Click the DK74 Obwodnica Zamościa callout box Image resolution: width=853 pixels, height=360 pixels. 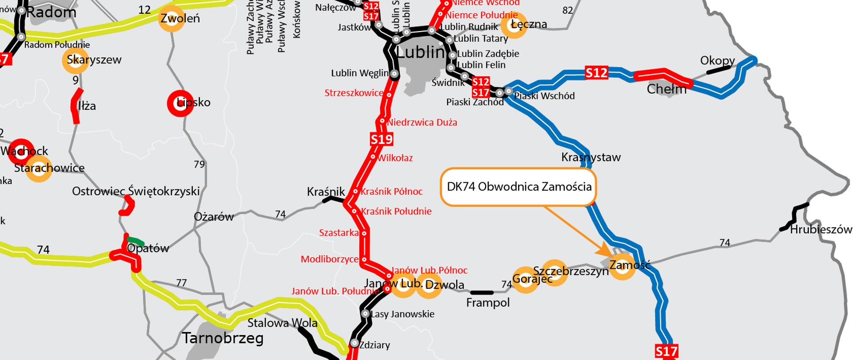518,187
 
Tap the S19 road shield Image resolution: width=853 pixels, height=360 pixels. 382,140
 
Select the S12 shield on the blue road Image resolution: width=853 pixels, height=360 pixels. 596,73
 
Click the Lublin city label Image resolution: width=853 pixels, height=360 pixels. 420,53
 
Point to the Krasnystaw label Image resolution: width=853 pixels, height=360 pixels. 590,157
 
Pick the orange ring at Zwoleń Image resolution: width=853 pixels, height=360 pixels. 171,19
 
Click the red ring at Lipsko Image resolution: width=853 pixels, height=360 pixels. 180,103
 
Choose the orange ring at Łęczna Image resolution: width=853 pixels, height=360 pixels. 513,25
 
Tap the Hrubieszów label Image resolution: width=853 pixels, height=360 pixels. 821,230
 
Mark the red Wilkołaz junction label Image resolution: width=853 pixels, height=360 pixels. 395,158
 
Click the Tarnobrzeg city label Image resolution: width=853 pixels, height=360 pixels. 223,338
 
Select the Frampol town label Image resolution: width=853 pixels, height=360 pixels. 488,303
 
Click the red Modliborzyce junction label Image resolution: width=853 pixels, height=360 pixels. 329,259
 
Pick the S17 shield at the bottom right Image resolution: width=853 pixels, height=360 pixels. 667,352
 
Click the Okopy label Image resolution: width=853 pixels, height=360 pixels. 717,60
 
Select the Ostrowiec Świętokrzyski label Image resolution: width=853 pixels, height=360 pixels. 136,192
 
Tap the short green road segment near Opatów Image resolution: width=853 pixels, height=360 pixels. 136,242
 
